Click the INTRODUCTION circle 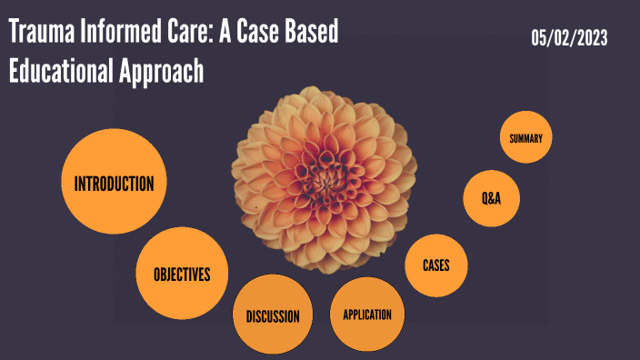pyautogui.click(x=114, y=183)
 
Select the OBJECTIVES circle pyautogui.click(x=182, y=274)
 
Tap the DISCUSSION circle pyautogui.click(x=273, y=316)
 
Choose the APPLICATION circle pyautogui.click(x=366, y=315)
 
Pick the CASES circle pyautogui.click(x=436, y=265)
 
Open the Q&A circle pyautogui.click(x=491, y=197)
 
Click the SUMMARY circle pyautogui.click(x=526, y=138)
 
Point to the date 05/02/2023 pyautogui.click(x=570, y=38)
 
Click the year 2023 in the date pyautogui.click(x=590, y=38)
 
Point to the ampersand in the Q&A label pyautogui.click(x=491, y=197)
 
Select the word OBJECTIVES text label pyautogui.click(x=182, y=274)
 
